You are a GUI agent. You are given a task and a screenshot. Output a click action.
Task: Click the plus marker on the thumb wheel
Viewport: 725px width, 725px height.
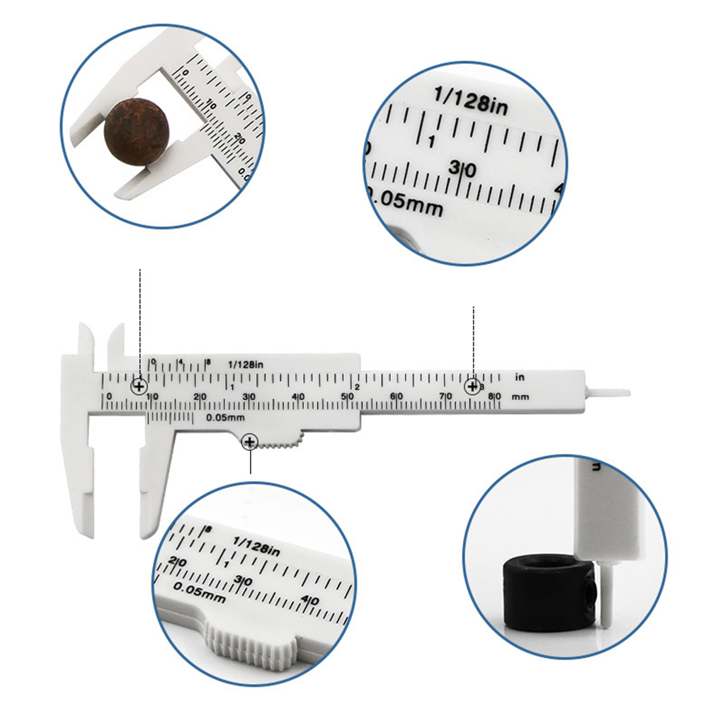click(x=249, y=443)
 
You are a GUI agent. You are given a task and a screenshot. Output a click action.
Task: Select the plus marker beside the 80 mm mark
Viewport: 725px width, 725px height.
click(x=472, y=387)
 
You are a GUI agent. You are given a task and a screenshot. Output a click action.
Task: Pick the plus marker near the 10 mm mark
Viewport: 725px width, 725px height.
click(x=139, y=387)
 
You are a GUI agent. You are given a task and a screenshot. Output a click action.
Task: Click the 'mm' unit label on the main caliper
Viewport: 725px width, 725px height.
click(x=520, y=396)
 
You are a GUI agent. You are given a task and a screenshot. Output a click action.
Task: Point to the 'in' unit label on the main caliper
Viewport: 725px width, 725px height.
click(x=519, y=376)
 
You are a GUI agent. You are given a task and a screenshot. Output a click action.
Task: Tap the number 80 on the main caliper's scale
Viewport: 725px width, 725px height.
click(x=497, y=396)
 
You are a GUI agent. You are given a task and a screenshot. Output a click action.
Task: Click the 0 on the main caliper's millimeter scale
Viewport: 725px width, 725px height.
click(x=108, y=396)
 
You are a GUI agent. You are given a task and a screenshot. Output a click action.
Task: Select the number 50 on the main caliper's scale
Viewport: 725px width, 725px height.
click(x=348, y=396)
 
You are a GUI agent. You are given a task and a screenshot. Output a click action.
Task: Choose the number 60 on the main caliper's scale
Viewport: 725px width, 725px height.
click(x=398, y=396)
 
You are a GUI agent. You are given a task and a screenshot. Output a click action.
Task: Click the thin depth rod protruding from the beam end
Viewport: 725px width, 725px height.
click(x=609, y=391)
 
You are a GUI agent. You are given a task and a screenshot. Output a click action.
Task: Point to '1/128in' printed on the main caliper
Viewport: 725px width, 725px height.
click(x=246, y=364)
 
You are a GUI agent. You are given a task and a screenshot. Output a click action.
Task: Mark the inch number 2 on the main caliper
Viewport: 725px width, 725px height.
click(x=358, y=387)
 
